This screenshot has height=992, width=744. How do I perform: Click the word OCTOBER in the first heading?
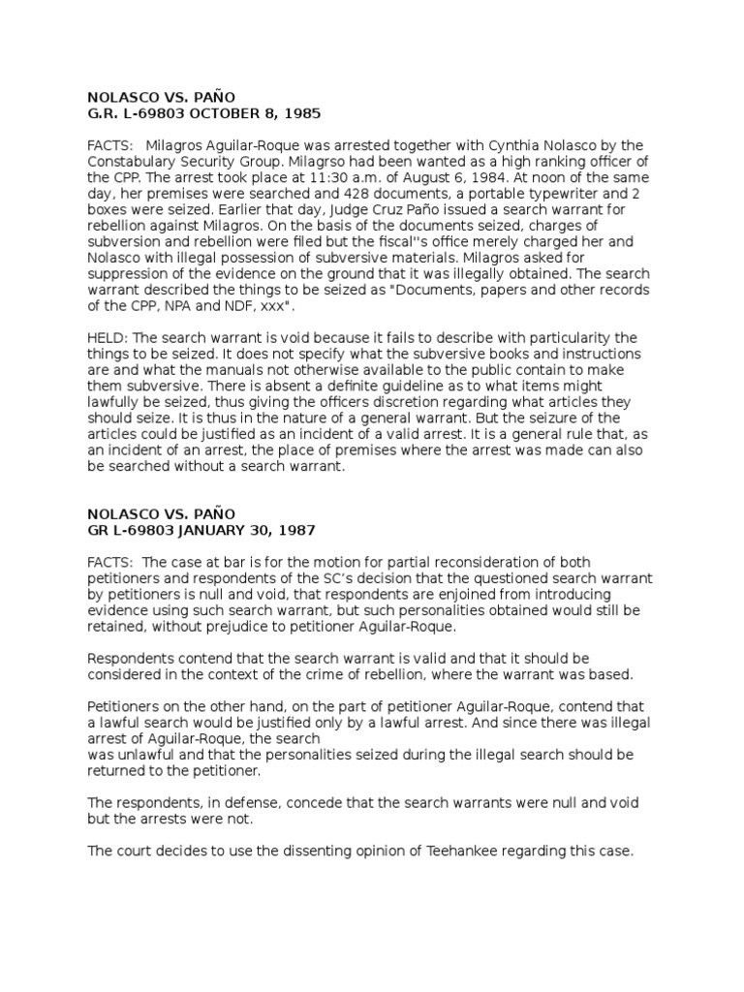click(220, 112)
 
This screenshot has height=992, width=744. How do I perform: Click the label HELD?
click(108, 337)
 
